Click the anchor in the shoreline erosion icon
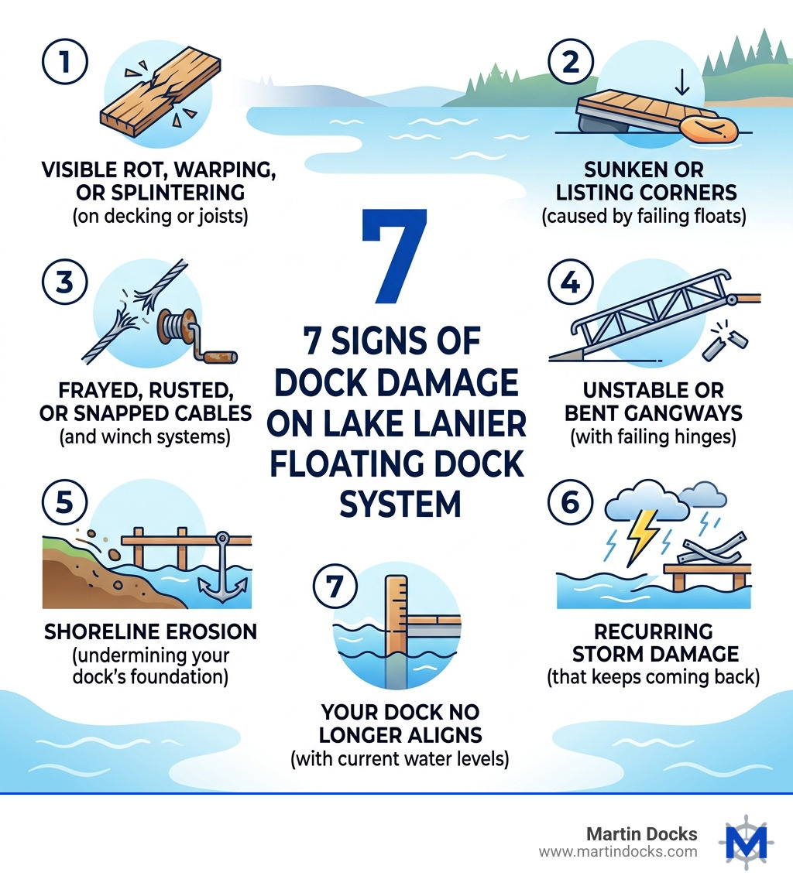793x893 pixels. pyautogui.click(x=222, y=573)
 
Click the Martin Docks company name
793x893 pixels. pyautogui.click(x=642, y=834)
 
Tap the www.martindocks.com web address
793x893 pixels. pyautogui.click(x=617, y=852)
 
